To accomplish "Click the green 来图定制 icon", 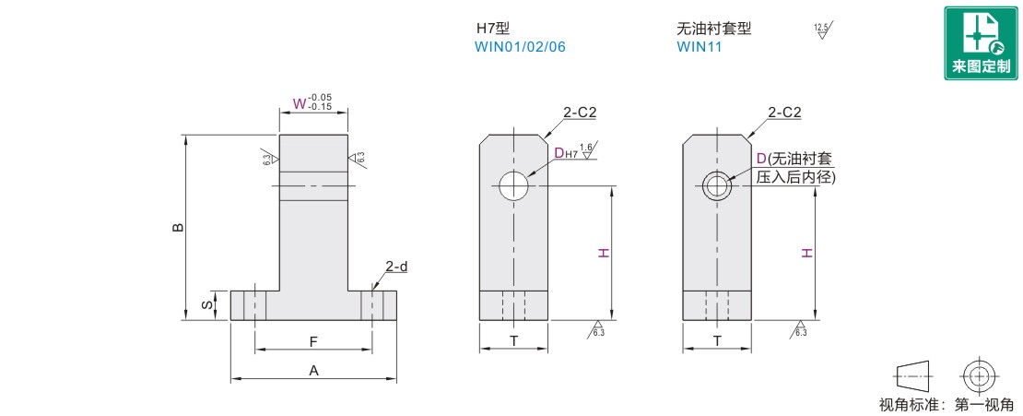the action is coord(981,43).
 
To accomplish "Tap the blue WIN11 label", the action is coord(700,47).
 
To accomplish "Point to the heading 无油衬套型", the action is coord(714,29).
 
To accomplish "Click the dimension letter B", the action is coord(178,227).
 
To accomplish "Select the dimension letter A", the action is coord(313,370).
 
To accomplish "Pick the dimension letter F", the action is coord(313,341).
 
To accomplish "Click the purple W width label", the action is coord(299,103).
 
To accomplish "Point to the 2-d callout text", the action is coord(396,267).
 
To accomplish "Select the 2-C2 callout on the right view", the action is coord(785,113).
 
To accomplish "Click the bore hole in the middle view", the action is coord(514,186).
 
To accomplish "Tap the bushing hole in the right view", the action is coord(717,186).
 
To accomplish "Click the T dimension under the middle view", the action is coord(514,340).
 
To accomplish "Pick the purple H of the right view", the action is coord(806,253).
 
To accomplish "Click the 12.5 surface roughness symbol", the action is coord(824,30).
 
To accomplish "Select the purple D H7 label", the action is coord(566,153).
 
